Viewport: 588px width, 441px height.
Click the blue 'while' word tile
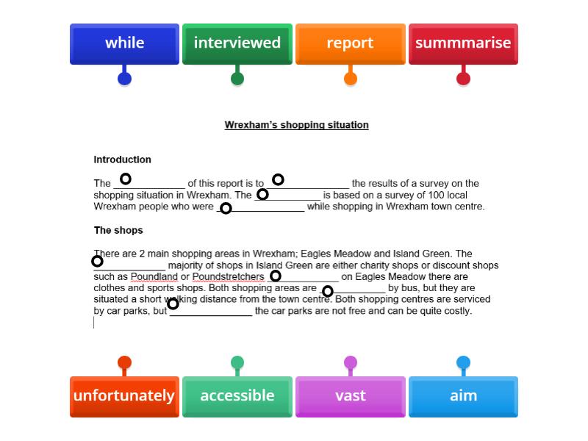tap(124, 43)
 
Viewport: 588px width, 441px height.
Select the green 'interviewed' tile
tap(237, 43)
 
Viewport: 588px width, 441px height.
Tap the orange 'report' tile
tap(350, 43)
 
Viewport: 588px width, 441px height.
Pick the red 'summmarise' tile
tap(463, 43)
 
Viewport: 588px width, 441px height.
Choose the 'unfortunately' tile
tap(124, 396)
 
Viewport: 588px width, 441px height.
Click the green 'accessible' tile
tap(237, 396)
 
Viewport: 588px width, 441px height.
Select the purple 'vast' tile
tap(350, 396)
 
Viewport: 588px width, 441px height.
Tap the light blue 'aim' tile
tap(463, 396)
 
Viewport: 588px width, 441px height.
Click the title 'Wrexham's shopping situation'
tap(296, 125)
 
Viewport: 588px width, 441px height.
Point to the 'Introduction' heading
tap(123, 159)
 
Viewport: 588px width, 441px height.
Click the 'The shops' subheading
tap(118, 230)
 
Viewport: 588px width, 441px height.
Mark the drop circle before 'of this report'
tap(126, 179)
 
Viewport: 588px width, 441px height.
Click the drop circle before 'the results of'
tap(278, 179)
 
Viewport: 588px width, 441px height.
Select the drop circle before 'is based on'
tap(262, 195)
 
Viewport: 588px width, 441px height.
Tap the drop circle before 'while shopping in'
tap(226, 209)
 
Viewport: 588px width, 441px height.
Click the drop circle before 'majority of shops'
tap(97, 261)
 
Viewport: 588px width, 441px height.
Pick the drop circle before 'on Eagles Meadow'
tap(275, 276)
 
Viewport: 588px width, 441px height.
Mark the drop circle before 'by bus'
tap(328, 291)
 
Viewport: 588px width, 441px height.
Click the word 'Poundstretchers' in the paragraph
tap(228, 277)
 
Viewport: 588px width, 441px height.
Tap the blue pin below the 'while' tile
tap(124, 79)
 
